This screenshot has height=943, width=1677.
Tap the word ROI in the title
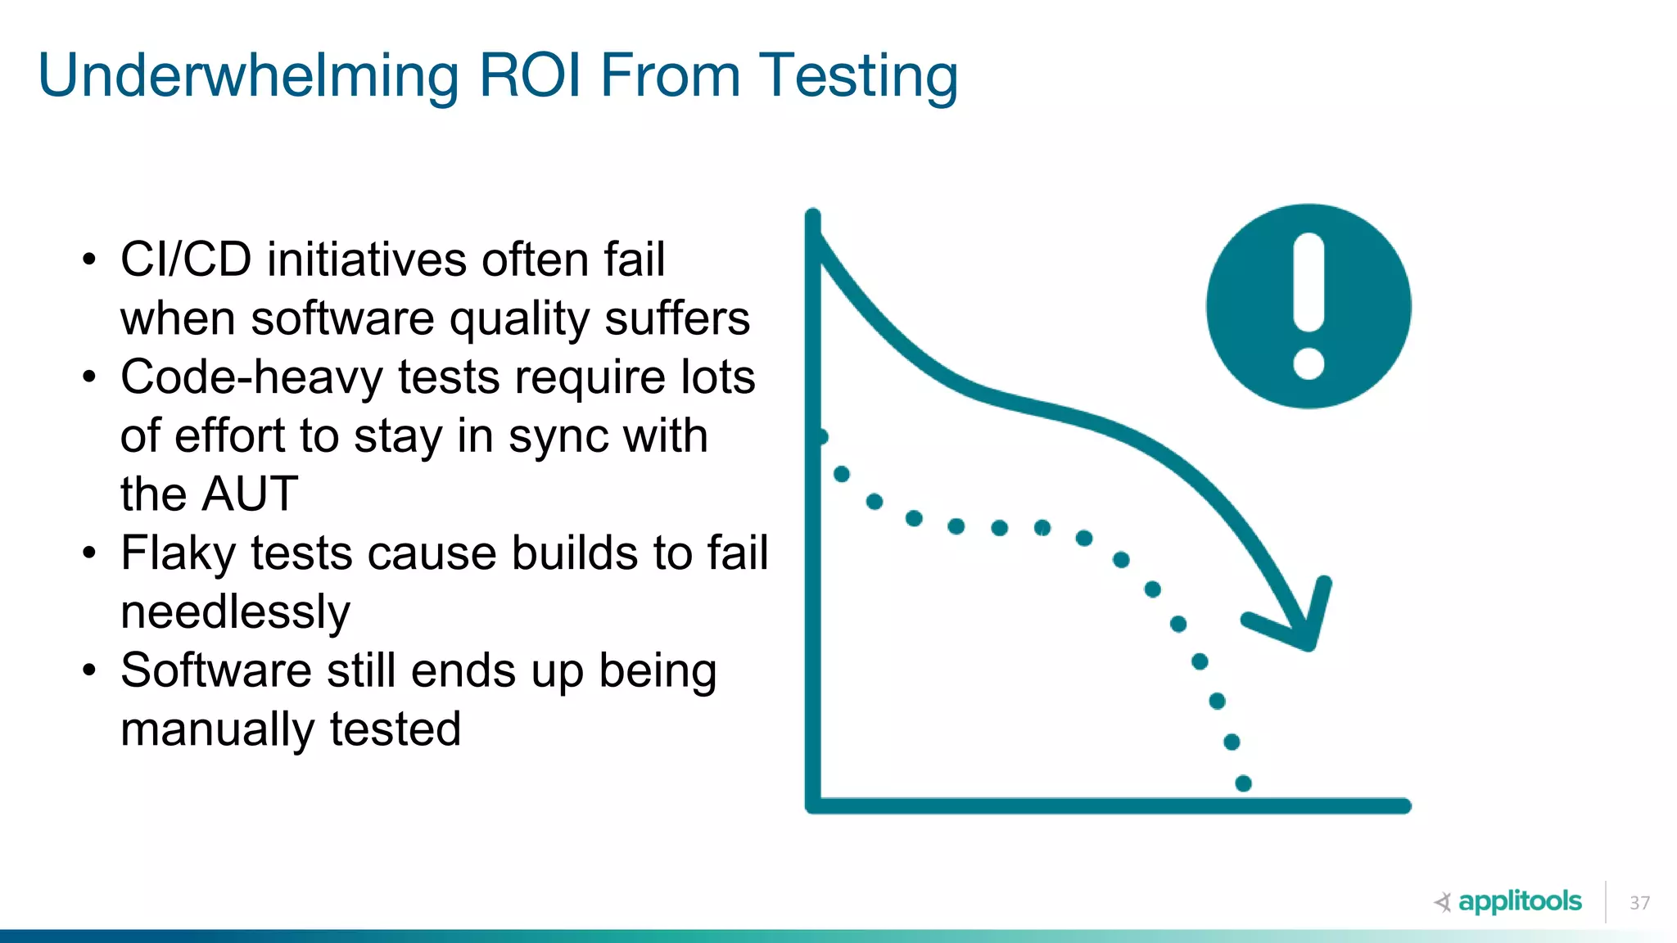(529, 76)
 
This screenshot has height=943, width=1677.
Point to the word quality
(519, 318)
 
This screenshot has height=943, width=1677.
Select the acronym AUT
(251, 494)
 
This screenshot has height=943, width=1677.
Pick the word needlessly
(235, 612)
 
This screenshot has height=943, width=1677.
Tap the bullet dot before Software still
(89, 671)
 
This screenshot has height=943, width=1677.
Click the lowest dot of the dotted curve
(1243, 783)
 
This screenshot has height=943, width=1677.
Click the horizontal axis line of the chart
(1105, 805)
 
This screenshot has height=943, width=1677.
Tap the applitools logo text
(1520, 901)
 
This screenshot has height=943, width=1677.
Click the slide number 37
(1639, 903)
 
